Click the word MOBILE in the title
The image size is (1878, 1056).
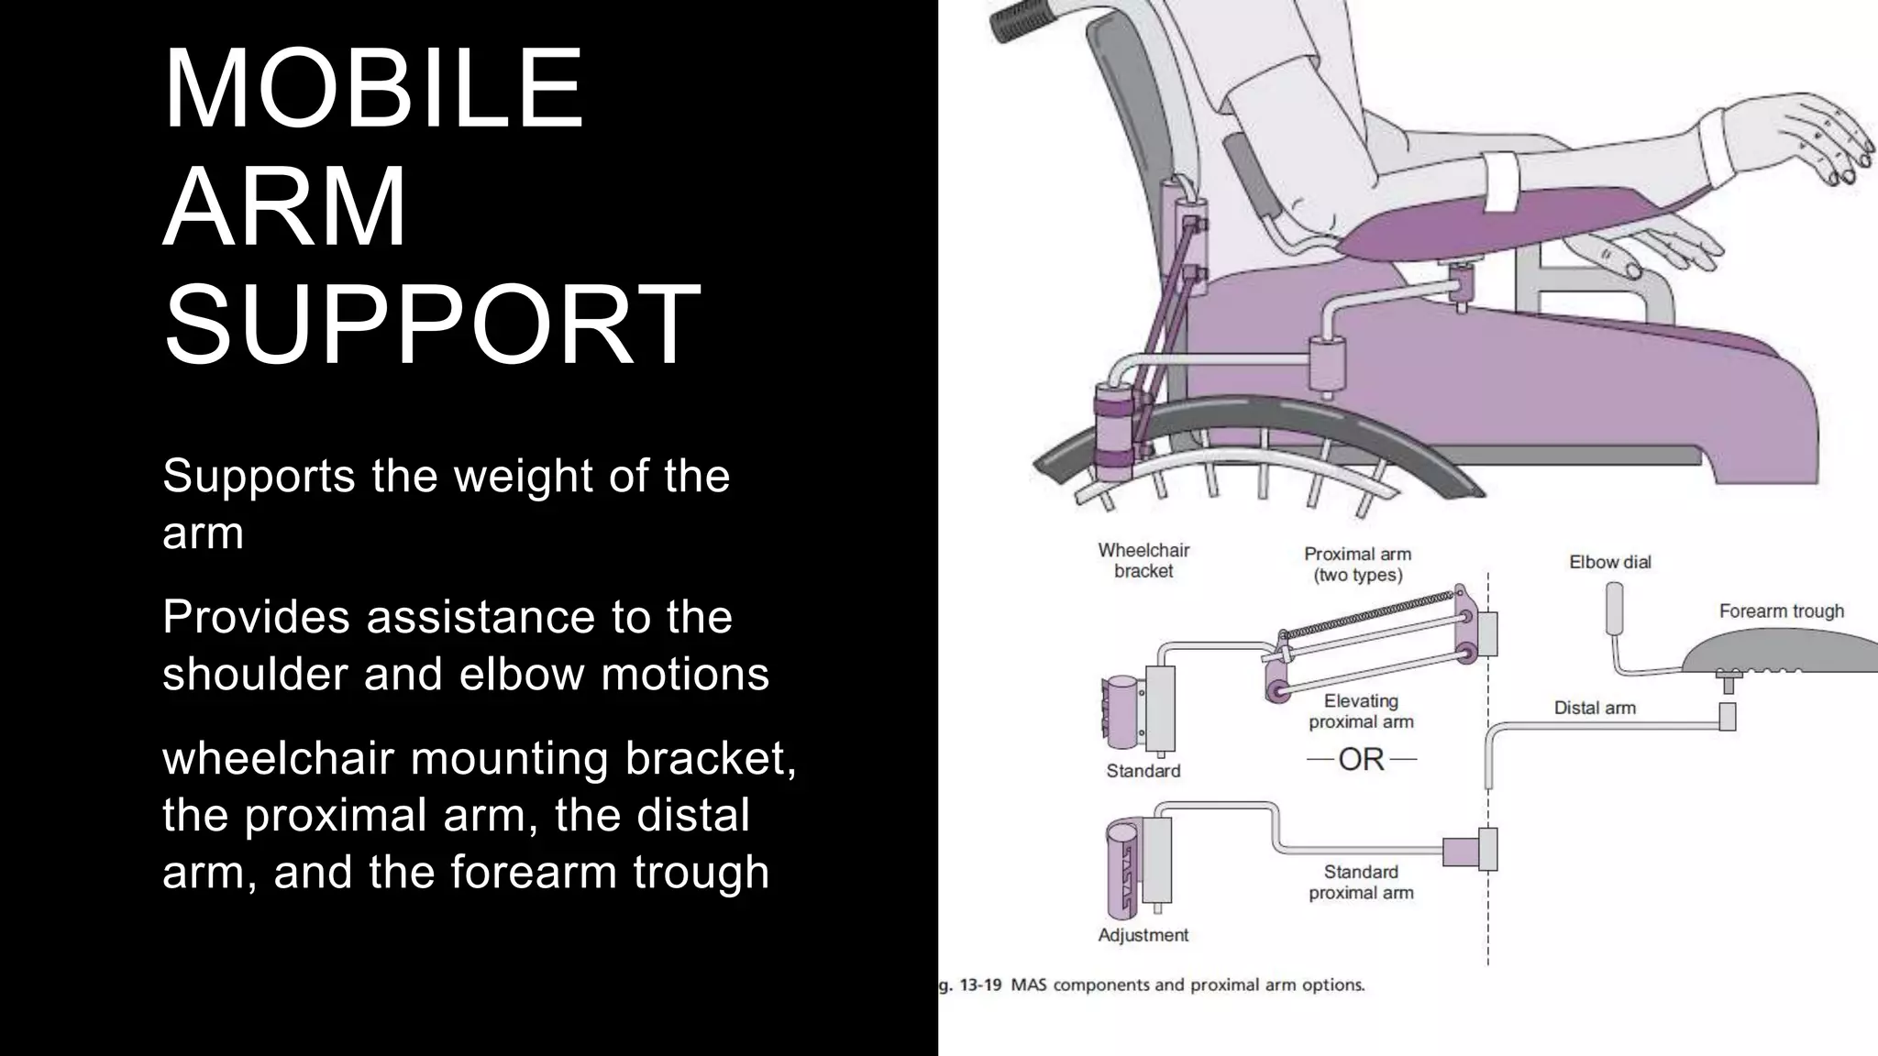coord(373,89)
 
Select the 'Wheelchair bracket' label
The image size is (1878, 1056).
coord(1143,560)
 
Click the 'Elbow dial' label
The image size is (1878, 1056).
coord(1609,562)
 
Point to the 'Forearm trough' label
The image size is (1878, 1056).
coord(1781,610)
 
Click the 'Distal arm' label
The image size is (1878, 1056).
coord(1594,708)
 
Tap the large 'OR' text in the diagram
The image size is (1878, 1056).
coord(1361,759)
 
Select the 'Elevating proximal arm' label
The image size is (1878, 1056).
coord(1361,711)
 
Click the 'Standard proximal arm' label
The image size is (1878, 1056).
coord(1361,882)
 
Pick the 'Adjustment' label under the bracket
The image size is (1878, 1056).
coord(1143,935)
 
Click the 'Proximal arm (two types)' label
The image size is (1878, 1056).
coord(1357,564)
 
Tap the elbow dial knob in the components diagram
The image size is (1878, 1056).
coord(1615,607)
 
